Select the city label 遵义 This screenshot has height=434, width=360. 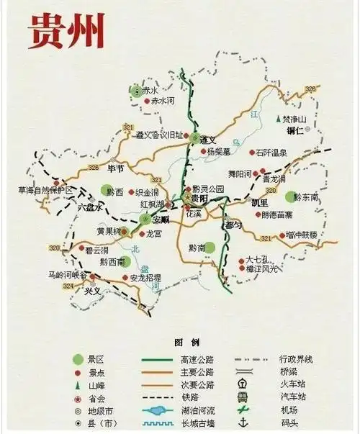209,139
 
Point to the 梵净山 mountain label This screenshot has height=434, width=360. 294,118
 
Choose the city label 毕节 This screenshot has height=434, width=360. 115,169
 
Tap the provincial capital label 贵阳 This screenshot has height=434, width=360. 199,198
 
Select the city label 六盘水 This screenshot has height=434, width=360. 91,207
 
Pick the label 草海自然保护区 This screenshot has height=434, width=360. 45,191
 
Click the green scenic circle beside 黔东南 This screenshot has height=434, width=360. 291,196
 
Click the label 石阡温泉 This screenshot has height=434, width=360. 271,153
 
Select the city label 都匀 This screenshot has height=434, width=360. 234,225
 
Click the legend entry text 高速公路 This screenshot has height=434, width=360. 197,359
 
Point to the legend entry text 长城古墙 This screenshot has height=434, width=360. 197,424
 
